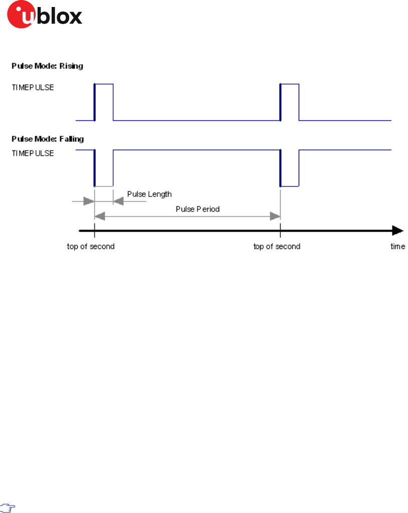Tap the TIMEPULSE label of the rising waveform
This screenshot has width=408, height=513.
(x=33, y=87)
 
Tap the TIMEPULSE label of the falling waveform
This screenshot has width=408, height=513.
(x=33, y=153)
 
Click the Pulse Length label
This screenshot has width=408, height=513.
(x=149, y=194)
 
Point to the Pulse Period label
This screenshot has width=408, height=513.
(x=197, y=209)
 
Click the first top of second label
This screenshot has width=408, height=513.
(x=91, y=246)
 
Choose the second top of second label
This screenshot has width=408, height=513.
(x=277, y=246)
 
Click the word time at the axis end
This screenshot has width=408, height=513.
(x=398, y=246)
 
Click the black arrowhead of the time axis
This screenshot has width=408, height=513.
(x=397, y=230)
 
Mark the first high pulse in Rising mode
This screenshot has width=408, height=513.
(x=104, y=102)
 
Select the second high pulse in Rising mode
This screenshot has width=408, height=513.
(x=290, y=102)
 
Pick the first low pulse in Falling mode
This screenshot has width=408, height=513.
(x=104, y=168)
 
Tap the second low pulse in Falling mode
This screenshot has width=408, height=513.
(x=290, y=168)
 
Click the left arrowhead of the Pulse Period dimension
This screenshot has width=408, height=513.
(x=100, y=216)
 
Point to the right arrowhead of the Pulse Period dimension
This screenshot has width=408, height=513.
(x=275, y=216)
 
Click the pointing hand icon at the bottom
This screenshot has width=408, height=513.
(x=9, y=507)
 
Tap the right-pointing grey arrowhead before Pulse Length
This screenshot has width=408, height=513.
(x=89, y=201)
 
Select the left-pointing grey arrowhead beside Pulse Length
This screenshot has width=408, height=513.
(x=119, y=201)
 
